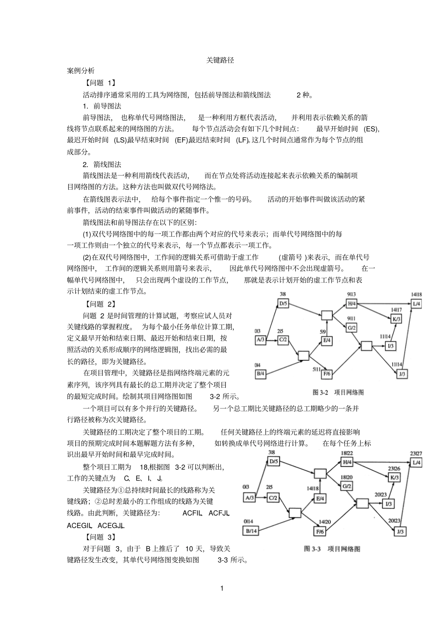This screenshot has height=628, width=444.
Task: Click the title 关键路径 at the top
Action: pos(220,61)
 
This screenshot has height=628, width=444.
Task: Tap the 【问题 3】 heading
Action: pos(100,537)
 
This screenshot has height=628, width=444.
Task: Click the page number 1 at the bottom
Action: pos(222,588)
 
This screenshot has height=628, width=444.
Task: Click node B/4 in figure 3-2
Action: pos(261,373)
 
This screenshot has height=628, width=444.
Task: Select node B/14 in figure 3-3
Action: pos(251,531)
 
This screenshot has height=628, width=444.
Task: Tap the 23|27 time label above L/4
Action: pos(415,453)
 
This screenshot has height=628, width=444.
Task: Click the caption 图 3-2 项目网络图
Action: pos(338,392)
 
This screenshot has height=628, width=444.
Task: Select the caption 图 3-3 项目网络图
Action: pos(332,549)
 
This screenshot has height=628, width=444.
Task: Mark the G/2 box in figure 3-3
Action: pos(346,486)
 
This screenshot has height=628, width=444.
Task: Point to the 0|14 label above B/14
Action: pos(248,522)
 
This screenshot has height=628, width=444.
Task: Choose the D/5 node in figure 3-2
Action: pos(284,303)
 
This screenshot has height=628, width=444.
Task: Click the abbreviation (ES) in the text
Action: pos(372,129)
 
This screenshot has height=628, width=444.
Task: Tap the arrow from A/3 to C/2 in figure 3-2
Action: pos(272,340)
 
